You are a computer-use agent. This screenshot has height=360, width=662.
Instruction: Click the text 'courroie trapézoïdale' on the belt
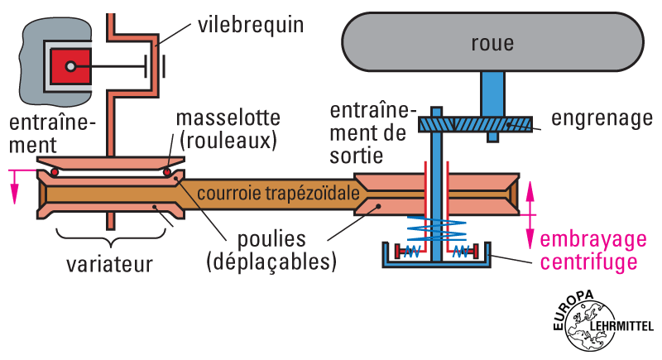click(x=277, y=193)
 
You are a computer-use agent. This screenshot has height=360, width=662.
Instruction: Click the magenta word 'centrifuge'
click(x=588, y=262)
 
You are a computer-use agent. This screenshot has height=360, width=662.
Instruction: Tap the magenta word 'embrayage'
click(x=592, y=240)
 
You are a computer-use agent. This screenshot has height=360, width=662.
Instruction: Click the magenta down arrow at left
click(x=13, y=186)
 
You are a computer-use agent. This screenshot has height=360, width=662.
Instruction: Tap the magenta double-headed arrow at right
click(x=531, y=213)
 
